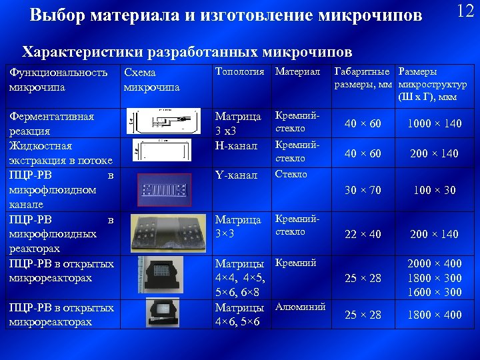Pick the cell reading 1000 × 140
pos(433,124)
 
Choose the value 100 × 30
pos(433,190)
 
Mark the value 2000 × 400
pos(434,264)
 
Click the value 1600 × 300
pos(434,292)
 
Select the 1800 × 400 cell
pos(434,315)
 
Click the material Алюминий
pos(300,307)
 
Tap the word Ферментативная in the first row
pos(51,117)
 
